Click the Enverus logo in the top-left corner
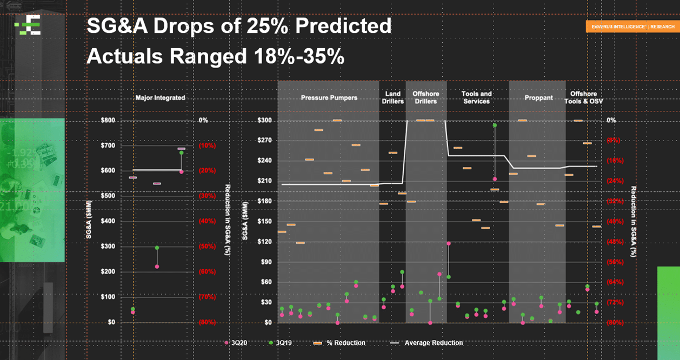(x=28, y=25)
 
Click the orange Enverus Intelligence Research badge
(x=632, y=26)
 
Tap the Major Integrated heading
(x=160, y=98)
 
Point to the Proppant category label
(x=538, y=98)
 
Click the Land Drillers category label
(x=392, y=97)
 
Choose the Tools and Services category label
(x=476, y=97)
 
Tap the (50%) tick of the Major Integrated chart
(x=207, y=246)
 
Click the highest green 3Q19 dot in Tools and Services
(x=495, y=125)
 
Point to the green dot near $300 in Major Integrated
(x=157, y=248)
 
